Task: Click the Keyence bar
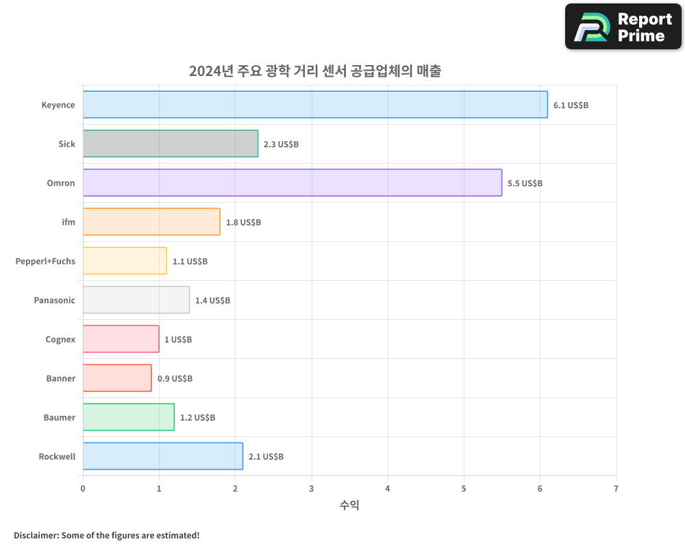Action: [315, 105]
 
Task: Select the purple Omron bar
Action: [292, 183]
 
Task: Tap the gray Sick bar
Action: [171, 144]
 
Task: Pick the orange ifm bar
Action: [151, 222]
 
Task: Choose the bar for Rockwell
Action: [163, 456]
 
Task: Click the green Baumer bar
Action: [129, 417]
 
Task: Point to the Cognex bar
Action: [121, 339]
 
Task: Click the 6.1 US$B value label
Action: [571, 105]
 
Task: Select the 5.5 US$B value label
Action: [525, 184]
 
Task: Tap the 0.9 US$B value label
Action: [175, 379]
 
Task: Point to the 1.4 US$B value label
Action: [212, 301]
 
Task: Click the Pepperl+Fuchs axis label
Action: [45, 261]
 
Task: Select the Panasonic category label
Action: [55, 300]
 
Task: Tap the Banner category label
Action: [61, 378]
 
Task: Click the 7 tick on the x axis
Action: [616, 488]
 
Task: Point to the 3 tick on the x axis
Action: [312, 488]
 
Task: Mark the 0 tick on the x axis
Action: [83, 488]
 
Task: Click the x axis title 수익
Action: [349, 506]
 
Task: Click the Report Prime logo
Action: [623, 27]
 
